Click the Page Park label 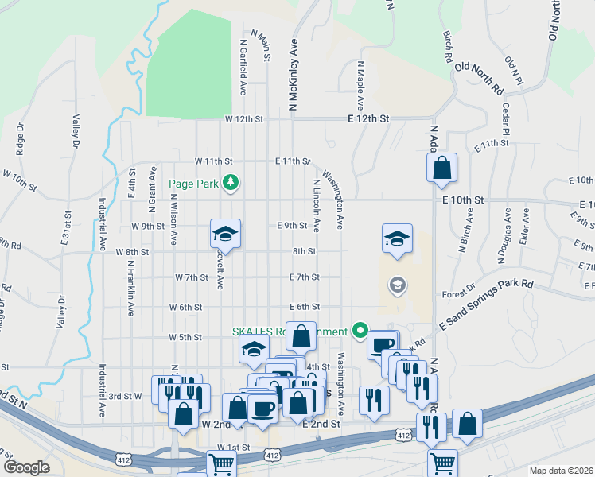pyautogui.click(x=194, y=184)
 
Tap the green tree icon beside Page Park pyautogui.click(x=231, y=183)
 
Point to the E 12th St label pyautogui.click(x=368, y=118)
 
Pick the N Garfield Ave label pyautogui.click(x=242, y=64)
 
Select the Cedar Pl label pyautogui.click(x=505, y=119)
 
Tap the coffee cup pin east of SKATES pyautogui.click(x=383, y=344)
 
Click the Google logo pyautogui.click(x=27, y=467)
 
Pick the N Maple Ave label pyautogui.click(x=360, y=85)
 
